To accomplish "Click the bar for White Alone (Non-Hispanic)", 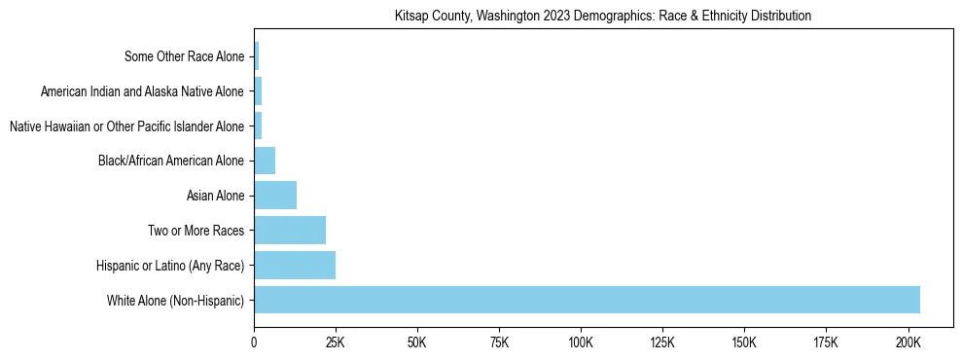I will click(587, 300).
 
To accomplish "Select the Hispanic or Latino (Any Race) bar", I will click(295, 265).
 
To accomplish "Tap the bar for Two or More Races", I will click(290, 231).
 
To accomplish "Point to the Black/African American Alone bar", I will click(265, 161).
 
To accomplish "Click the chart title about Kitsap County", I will click(603, 17).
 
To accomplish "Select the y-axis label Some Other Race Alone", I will click(185, 56).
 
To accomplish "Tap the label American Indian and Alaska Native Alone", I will click(143, 91).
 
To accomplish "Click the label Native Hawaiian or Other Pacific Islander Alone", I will click(126, 126).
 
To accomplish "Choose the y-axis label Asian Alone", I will click(215, 196).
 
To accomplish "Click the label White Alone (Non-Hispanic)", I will click(176, 300).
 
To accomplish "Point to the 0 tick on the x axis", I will click(254, 342).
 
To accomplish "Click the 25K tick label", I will click(336, 342).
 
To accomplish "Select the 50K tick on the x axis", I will click(417, 342).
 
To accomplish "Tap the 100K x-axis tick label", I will click(581, 342).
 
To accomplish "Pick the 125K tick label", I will click(662, 342).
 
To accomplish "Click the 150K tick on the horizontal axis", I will click(744, 342).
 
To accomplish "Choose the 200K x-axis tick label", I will click(908, 342).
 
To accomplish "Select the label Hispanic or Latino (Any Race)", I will click(170, 265).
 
